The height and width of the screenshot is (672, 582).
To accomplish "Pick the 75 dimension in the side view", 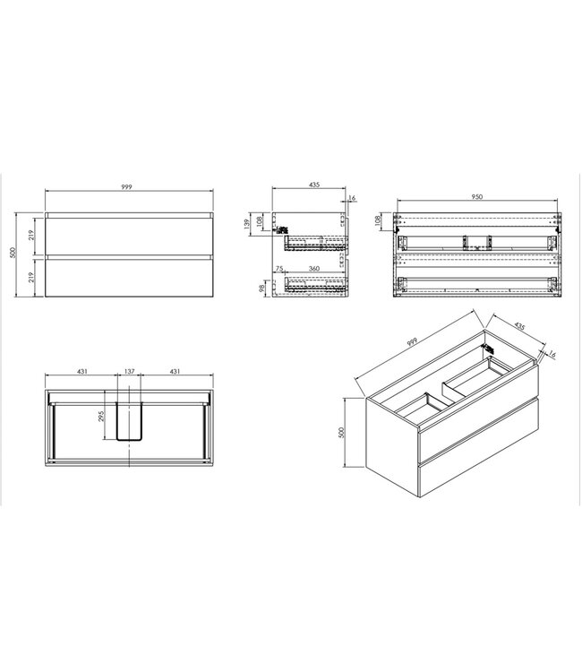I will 281,268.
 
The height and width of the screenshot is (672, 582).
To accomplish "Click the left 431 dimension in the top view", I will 81,371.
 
